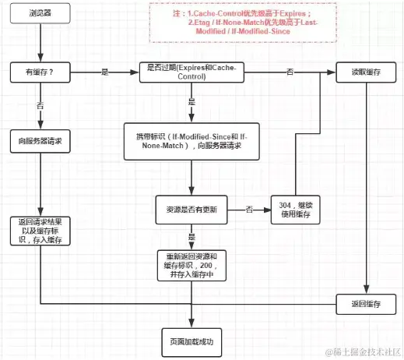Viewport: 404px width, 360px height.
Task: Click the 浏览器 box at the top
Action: [x=40, y=14]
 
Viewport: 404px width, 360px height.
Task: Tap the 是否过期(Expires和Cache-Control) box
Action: [x=191, y=72]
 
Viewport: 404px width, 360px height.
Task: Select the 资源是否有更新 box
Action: [x=191, y=210]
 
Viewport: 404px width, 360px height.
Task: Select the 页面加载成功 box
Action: [x=191, y=341]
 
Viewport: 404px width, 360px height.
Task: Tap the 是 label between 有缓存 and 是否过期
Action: [x=105, y=72]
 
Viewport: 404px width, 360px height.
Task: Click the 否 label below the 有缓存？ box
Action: [x=40, y=104]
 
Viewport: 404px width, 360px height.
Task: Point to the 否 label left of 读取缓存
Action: [x=290, y=72]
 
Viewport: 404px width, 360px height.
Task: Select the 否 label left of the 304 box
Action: [x=249, y=210]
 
